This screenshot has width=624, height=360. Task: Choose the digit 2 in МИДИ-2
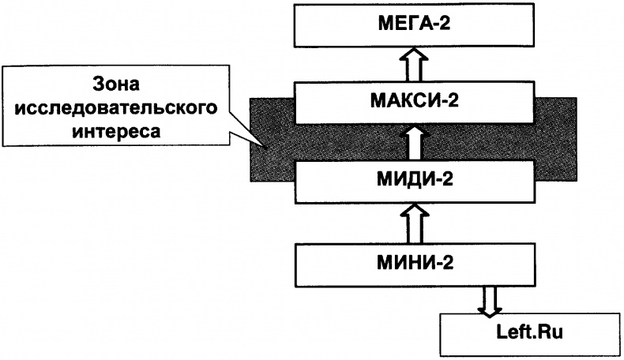coord(449,178)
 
